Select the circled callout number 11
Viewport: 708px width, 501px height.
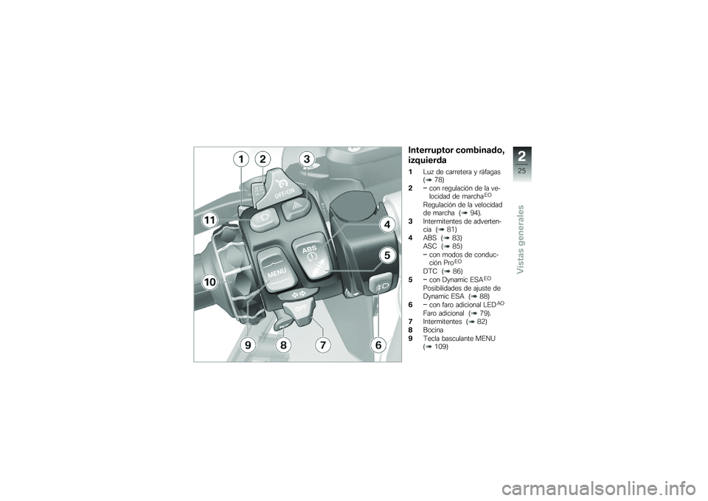tap(209, 220)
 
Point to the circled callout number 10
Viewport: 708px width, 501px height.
tap(209, 282)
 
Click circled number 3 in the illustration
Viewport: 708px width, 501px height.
tap(307, 159)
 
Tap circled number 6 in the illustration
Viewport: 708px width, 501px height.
tap(378, 345)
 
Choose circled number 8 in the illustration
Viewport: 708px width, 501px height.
tap(283, 345)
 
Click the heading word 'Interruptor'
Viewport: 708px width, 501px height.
tap(433, 151)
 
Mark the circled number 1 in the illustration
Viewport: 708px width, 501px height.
tap(240, 159)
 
